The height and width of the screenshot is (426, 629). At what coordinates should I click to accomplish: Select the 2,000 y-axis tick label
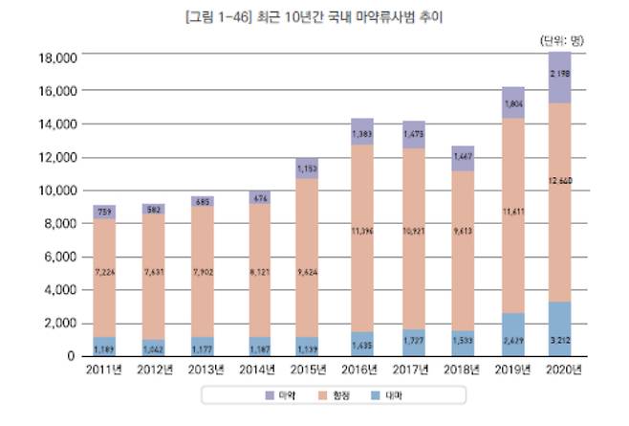[59, 323]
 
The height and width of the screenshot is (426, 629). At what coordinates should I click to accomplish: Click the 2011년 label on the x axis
[106, 370]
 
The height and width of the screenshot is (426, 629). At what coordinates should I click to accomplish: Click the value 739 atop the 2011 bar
[106, 212]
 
